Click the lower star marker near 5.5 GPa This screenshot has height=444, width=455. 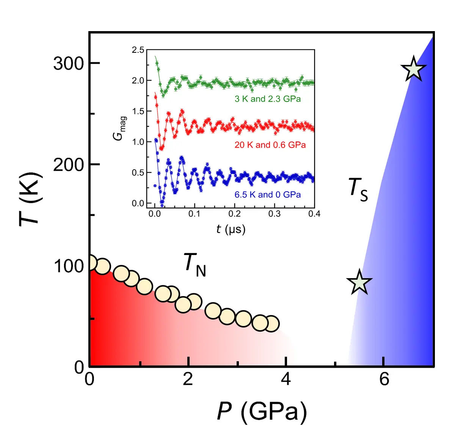click(359, 282)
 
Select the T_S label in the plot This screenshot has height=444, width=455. click(358, 189)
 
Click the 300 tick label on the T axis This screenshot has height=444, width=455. click(68, 63)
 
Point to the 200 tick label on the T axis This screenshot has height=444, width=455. click(68, 165)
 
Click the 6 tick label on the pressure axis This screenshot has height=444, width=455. click(384, 379)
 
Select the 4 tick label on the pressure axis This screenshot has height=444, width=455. click(286, 379)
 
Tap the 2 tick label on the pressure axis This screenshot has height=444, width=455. click(188, 379)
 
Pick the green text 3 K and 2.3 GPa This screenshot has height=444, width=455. click(268, 99)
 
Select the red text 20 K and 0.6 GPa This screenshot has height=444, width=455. click(270, 145)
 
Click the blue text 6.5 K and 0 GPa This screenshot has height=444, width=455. click(268, 195)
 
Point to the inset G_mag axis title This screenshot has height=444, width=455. click(120, 128)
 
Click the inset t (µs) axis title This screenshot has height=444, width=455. click(231, 229)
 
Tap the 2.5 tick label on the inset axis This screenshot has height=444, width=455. click(138, 50)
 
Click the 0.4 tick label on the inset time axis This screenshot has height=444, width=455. click(314, 214)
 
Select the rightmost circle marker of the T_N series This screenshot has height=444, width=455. click(271, 324)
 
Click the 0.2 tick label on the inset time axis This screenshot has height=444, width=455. click(234, 214)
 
